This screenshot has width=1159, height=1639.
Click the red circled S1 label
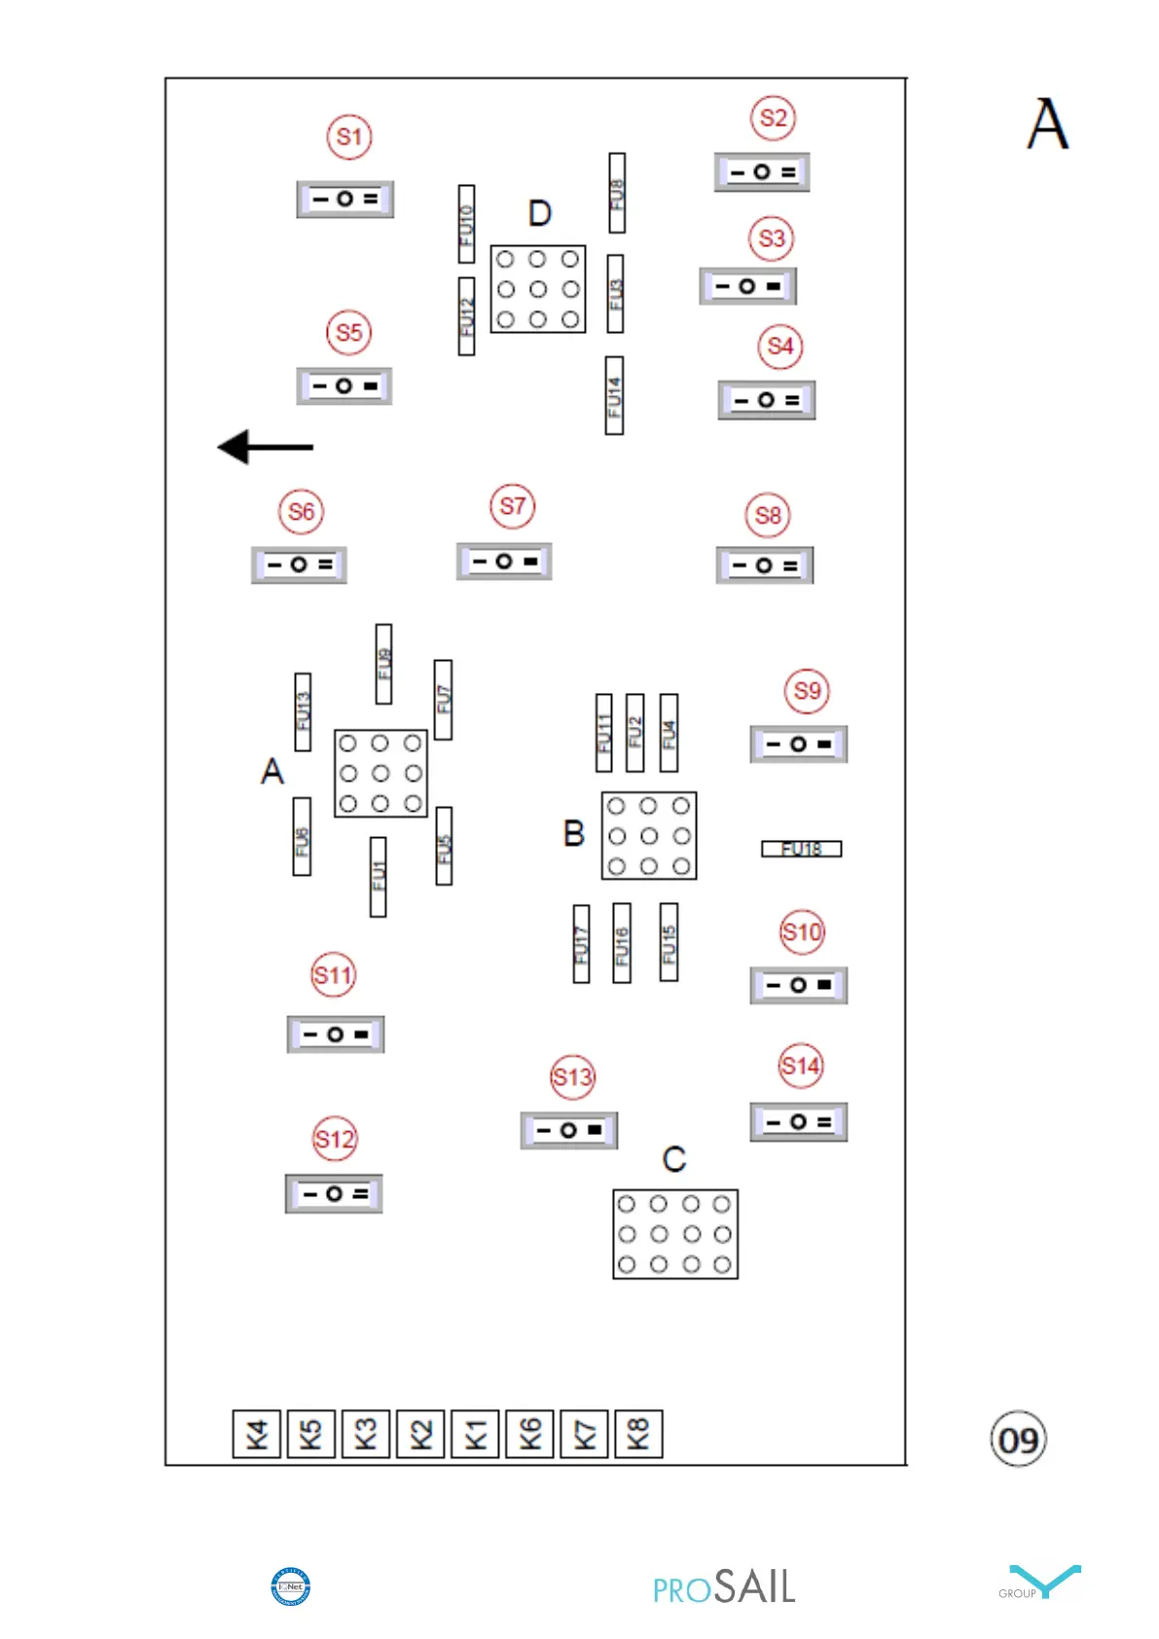(x=349, y=137)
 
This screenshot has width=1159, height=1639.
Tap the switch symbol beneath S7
(x=504, y=562)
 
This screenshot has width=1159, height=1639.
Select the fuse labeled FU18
(x=801, y=849)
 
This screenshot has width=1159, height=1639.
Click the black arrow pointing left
(x=265, y=447)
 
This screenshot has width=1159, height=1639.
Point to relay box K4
(x=257, y=1434)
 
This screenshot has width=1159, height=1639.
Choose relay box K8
(x=638, y=1434)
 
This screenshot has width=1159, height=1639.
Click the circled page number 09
(x=1018, y=1439)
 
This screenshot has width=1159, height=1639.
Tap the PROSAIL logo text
(x=724, y=1587)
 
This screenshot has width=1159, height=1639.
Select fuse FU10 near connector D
(x=467, y=224)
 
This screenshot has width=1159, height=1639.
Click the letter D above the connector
(x=540, y=213)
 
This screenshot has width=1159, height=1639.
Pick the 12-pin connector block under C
(x=675, y=1234)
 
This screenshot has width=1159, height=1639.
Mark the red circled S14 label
(x=801, y=1067)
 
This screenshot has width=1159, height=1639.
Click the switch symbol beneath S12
(x=334, y=1193)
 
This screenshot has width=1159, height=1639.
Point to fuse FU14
(x=614, y=395)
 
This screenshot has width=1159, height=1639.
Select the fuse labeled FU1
(x=379, y=876)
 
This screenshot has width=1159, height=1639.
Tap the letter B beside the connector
(x=574, y=834)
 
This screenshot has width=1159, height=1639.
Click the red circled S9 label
(x=807, y=691)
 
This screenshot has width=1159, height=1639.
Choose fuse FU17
(x=581, y=943)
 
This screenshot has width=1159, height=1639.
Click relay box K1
(x=475, y=1434)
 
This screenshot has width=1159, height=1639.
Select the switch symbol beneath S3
(x=747, y=286)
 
